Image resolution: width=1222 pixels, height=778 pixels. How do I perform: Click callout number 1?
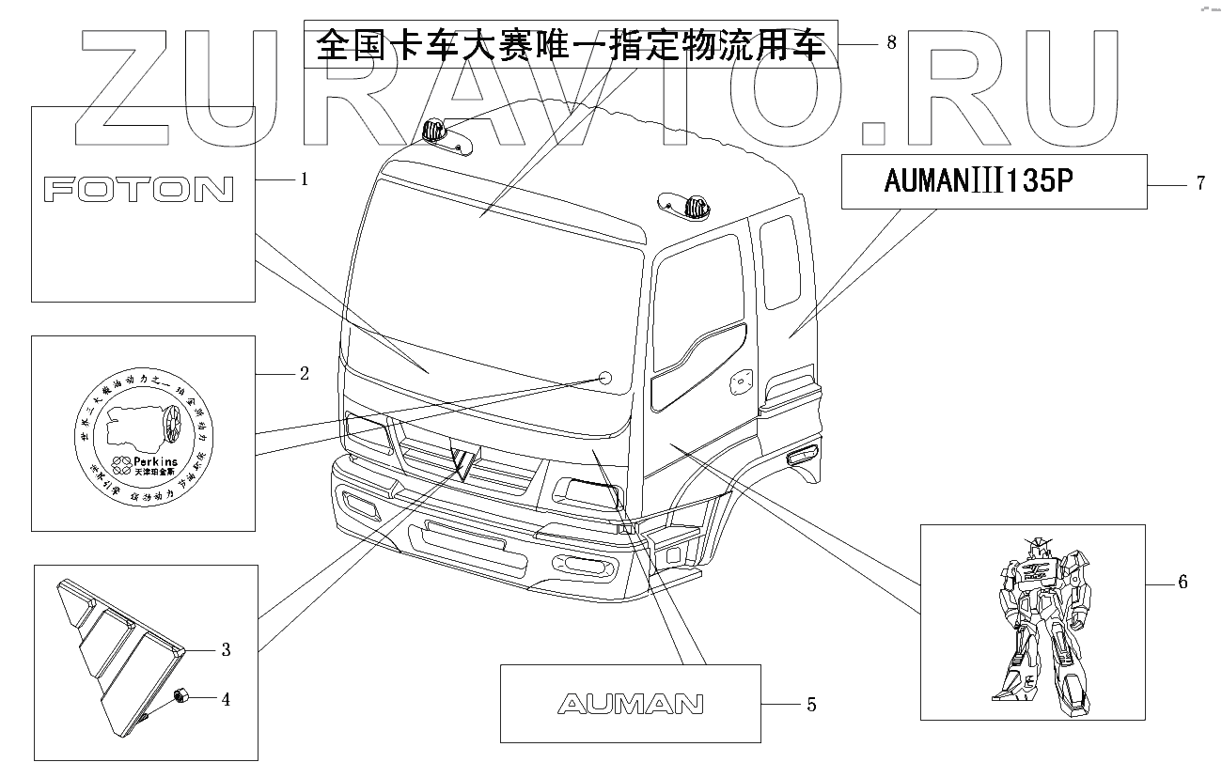tap(304, 179)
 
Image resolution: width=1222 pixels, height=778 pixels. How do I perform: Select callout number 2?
tap(304, 374)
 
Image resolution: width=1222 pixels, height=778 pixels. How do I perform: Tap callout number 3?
tap(226, 649)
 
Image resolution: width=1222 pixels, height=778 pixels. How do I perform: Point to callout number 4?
tap(226, 699)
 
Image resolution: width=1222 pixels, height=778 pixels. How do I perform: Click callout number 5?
tap(810, 704)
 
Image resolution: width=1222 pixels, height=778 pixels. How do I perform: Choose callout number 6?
tap(1182, 583)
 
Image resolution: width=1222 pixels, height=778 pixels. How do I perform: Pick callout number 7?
tap(1200, 183)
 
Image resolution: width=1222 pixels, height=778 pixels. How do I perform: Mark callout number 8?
tap(890, 42)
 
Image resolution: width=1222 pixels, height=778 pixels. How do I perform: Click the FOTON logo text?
tap(139, 191)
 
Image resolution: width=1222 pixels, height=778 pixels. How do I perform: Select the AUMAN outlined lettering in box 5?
tap(630, 703)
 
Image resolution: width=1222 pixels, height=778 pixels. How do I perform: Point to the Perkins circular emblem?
tap(143, 432)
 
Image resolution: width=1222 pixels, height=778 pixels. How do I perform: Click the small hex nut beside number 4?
tap(181, 697)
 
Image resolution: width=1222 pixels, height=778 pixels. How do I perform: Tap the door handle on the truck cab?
tap(743, 381)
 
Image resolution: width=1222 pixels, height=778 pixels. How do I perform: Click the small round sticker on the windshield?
tap(605, 378)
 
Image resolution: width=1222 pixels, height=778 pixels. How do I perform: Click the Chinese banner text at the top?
tap(571, 43)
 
